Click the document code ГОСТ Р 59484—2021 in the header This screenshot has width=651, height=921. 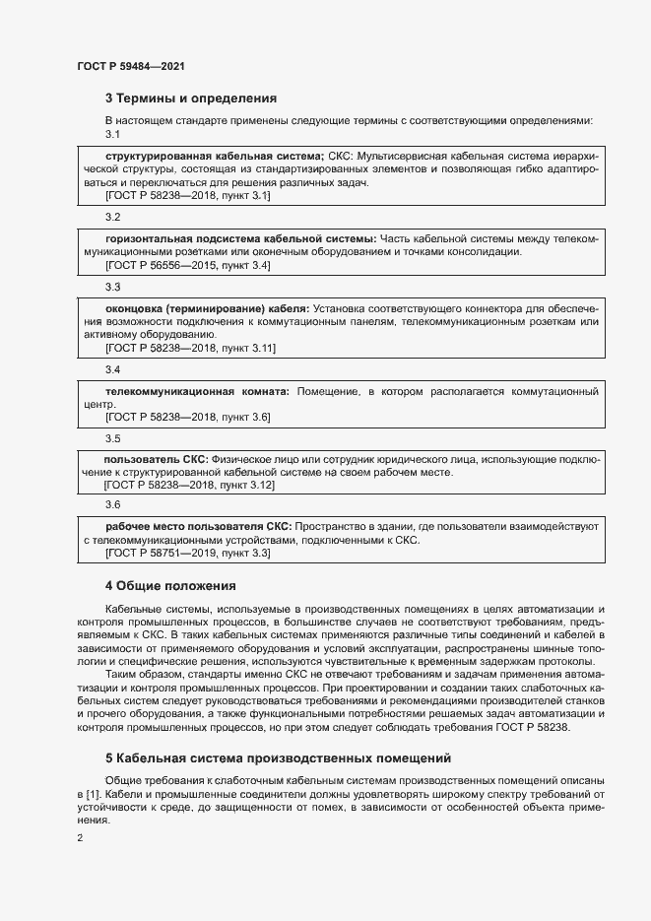point(131,66)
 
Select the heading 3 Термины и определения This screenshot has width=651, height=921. point(191,99)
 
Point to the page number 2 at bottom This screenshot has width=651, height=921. point(81,837)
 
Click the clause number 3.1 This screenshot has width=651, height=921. point(112,134)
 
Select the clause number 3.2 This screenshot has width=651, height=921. point(112,216)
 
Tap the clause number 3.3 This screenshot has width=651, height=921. point(112,287)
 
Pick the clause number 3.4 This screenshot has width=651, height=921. point(112,369)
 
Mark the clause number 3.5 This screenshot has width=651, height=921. point(112,438)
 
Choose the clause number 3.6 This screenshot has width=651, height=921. point(112,504)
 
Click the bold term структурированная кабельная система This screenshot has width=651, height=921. point(214,157)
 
